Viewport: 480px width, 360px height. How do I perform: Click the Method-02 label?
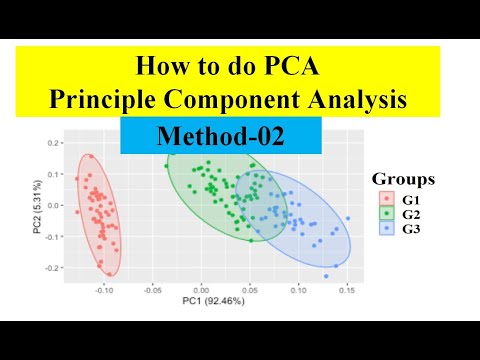pos(221,136)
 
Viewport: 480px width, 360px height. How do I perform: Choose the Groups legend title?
pos(403,180)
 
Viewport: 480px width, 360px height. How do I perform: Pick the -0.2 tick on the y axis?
pos(50,268)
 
